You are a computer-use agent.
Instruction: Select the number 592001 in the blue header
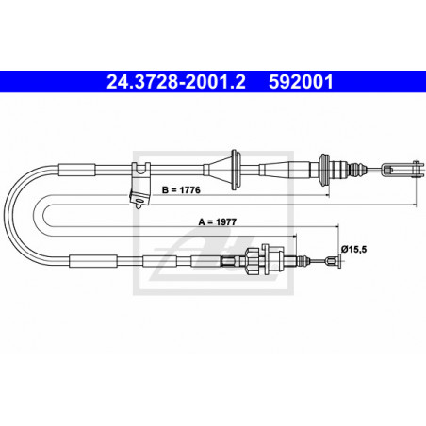(303, 82)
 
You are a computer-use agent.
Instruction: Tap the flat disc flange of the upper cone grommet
(234, 170)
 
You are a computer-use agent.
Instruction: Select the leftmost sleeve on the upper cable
(77, 170)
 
